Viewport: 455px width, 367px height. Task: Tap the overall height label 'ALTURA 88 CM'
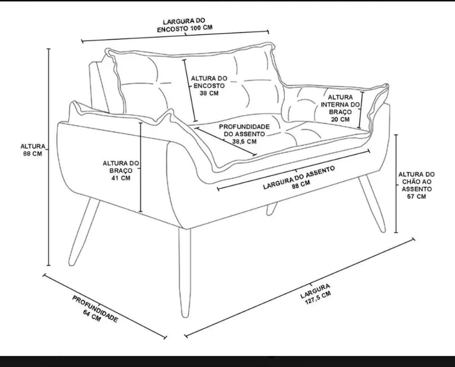pyautogui.click(x=33, y=150)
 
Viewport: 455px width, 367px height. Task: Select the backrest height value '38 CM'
pyautogui.click(x=209, y=93)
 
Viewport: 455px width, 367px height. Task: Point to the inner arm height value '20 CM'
pyautogui.click(x=340, y=119)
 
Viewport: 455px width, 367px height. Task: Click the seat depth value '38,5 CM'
pyautogui.click(x=244, y=141)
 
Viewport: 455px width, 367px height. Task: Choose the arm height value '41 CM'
pyautogui.click(x=121, y=178)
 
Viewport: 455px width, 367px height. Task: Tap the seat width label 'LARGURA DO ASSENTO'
pyautogui.click(x=299, y=178)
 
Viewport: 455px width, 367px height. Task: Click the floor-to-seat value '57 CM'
pyautogui.click(x=416, y=196)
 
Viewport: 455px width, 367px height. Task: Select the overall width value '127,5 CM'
pyautogui.click(x=318, y=298)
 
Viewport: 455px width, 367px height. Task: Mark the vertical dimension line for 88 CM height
pyautogui.click(x=49, y=157)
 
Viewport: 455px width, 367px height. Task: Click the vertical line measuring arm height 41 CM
pyautogui.click(x=140, y=167)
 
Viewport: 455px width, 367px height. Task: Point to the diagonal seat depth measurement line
pyautogui.click(x=226, y=141)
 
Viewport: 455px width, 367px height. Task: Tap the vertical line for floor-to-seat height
pyautogui.click(x=396, y=184)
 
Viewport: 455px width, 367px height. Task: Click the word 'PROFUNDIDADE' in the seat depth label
pyautogui.click(x=244, y=127)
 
